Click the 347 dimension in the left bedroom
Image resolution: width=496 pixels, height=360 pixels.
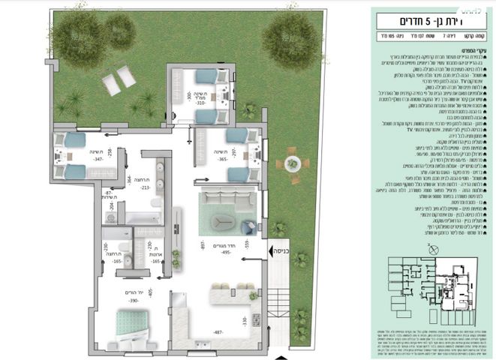pyautogui.click(x=77, y=160)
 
